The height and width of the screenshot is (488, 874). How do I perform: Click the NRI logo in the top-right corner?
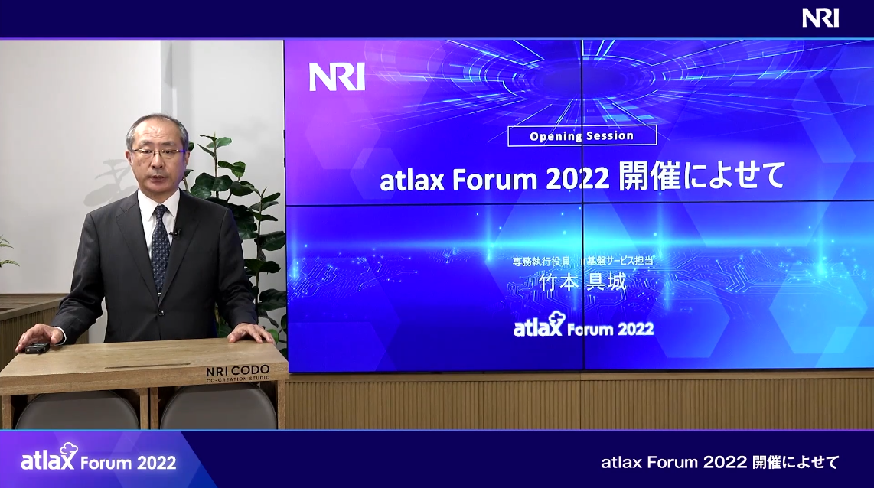coord(820,18)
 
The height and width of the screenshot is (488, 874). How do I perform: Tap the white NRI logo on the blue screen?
coord(337,77)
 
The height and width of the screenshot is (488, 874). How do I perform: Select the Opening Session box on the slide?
coord(582,136)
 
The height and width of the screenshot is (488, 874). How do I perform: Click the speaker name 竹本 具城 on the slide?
coord(583,281)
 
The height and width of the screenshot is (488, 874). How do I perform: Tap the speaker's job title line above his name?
coord(583,262)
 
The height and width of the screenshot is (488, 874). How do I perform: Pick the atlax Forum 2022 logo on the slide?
coord(583,327)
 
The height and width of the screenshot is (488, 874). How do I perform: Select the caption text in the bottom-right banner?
coord(720,462)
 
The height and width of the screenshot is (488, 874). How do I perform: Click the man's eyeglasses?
coord(158,153)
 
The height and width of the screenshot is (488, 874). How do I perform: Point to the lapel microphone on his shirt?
coord(174,232)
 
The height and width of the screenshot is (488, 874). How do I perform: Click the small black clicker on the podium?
coord(36,347)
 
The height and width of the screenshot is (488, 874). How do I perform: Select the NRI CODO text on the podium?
coord(237,371)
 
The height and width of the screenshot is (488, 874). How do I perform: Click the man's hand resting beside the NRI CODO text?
coord(249,334)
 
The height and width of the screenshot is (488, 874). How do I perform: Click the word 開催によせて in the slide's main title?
coord(700,177)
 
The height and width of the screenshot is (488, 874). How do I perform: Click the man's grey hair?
coord(156,124)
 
